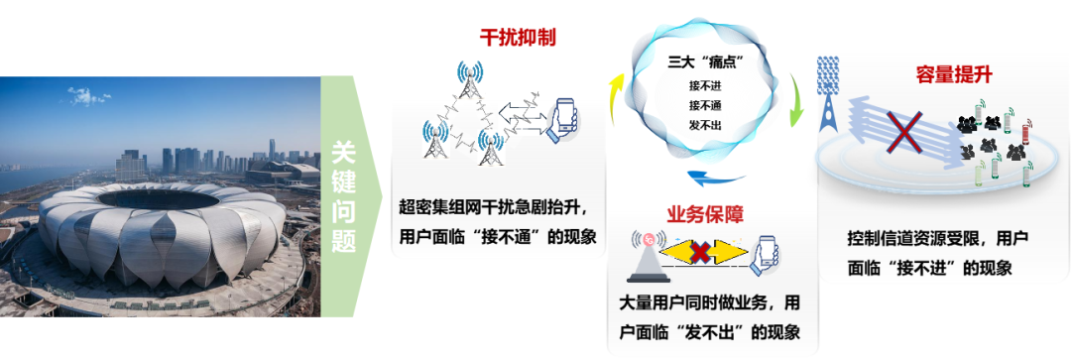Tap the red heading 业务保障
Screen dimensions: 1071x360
coord(705,214)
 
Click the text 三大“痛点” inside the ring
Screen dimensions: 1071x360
coord(705,63)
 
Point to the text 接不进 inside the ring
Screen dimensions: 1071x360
coord(706,86)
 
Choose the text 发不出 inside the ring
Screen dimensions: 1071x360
coord(706,125)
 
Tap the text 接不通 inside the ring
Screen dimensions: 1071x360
coord(706,106)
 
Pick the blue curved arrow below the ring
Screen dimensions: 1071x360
coord(714,180)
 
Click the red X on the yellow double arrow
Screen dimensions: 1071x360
coord(699,253)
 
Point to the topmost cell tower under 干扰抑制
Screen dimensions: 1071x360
coord(471,79)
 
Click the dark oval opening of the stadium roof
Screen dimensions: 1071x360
coord(158,198)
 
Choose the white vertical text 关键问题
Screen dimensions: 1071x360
coord(344,196)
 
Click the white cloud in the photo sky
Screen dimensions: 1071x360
coord(88,95)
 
